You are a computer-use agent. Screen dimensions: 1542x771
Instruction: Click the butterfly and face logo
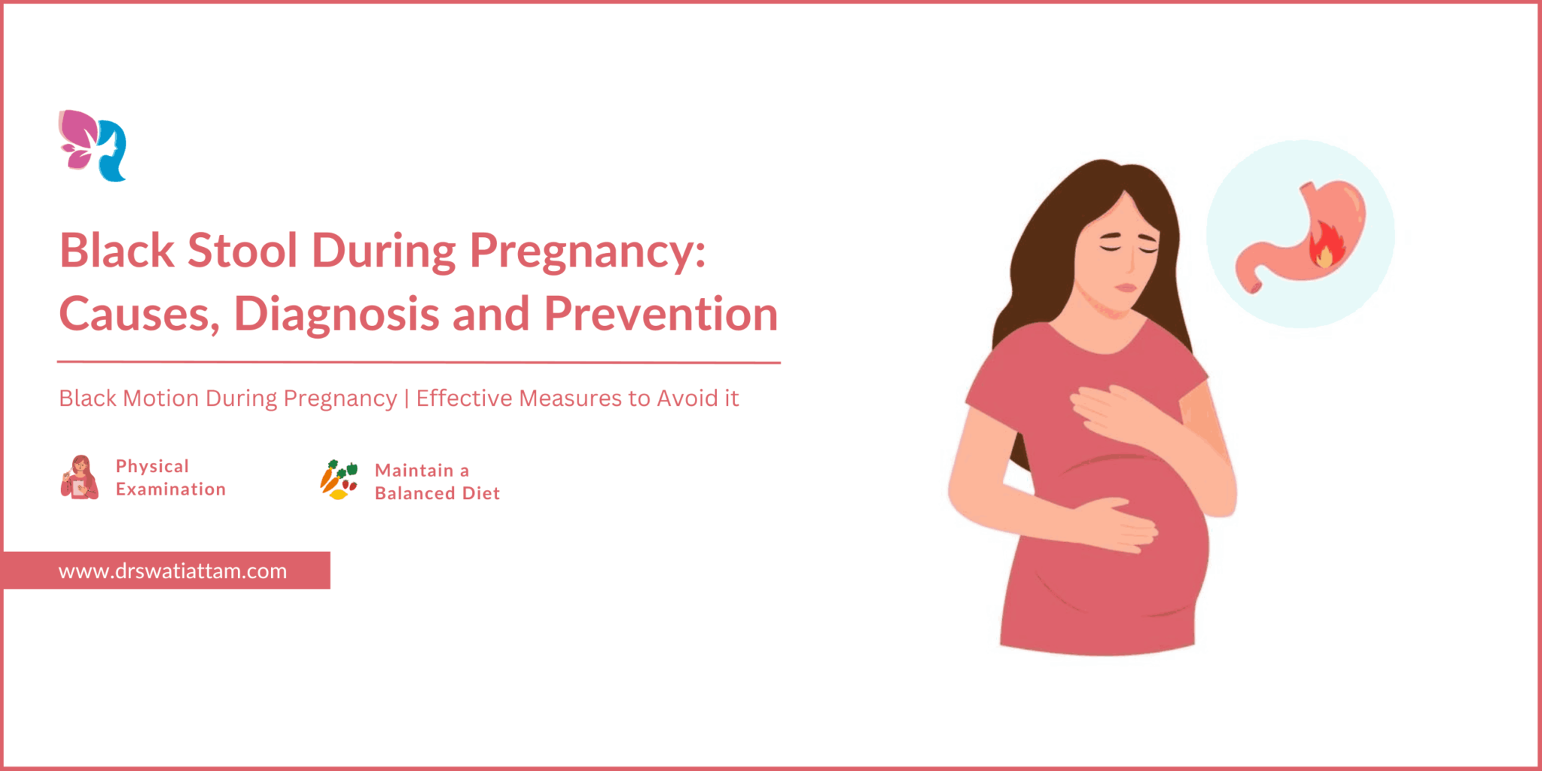[x=93, y=146]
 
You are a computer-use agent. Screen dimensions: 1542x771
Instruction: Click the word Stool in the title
[x=242, y=250]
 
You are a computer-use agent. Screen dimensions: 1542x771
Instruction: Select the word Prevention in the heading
[x=661, y=313]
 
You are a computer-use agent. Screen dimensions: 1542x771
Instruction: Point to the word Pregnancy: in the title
[x=588, y=252]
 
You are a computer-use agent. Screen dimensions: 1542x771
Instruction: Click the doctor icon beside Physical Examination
[x=79, y=477]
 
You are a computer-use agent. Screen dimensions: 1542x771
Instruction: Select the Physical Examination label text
[x=171, y=477]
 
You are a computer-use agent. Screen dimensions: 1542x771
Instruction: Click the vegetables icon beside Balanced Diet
[x=339, y=480]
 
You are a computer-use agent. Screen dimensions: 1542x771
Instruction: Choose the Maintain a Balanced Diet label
[x=437, y=482]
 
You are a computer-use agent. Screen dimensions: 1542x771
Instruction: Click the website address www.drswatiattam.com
[x=172, y=571]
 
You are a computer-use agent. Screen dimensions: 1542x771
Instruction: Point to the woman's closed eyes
[x=1128, y=248]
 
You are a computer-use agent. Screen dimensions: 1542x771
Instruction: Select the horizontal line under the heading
[x=419, y=362]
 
